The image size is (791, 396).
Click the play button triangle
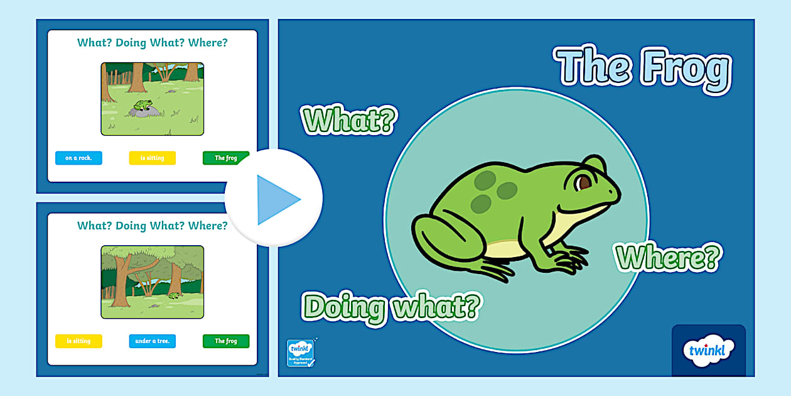pos(276,199)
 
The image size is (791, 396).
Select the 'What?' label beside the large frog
pos(349,119)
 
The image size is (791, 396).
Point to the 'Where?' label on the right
pos(667,256)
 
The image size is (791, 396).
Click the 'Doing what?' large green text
pos(392,307)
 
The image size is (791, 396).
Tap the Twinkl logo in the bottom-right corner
pos(708,350)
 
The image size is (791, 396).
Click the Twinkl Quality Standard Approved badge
pos(300,353)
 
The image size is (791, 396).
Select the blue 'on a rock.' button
pos(78,158)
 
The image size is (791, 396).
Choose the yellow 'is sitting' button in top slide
pos(152,158)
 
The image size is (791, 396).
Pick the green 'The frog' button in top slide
pos(225,158)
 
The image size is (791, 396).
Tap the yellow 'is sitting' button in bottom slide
pos(78,341)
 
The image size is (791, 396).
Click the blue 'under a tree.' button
pos(152,341)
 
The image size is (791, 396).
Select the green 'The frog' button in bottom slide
pos(225,341)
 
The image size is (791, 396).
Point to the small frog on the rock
pos(143,104)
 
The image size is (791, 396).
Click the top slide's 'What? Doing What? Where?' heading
pos(152,43)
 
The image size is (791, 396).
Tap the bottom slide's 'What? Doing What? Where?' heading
pos(152,226)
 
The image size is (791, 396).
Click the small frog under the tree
pos(174,294)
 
